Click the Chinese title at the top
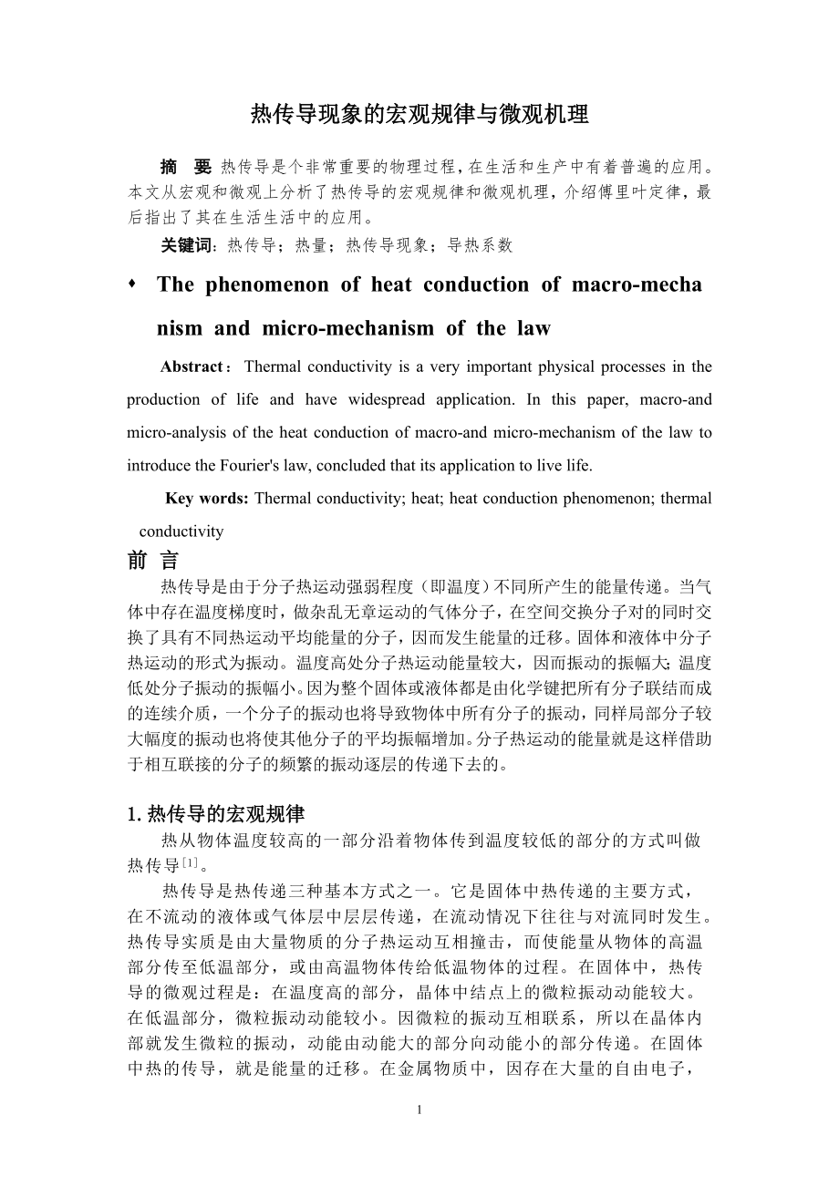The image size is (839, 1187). click(x=419, y=115)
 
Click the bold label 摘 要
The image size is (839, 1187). click(x=185, y=167)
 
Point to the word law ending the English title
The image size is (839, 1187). click(x=533, y=328)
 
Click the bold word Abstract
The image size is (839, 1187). click(x=192, y=366)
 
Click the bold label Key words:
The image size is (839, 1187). click(x=207, y=498)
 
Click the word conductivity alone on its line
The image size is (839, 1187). click(x=181, y=531)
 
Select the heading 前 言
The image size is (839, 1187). click(x=153, y=561)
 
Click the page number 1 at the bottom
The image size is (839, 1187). click(x=419, y=1110)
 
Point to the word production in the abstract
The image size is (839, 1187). click(x=163, y=399)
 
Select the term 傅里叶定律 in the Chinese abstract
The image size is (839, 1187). click(x=638, y=192)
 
